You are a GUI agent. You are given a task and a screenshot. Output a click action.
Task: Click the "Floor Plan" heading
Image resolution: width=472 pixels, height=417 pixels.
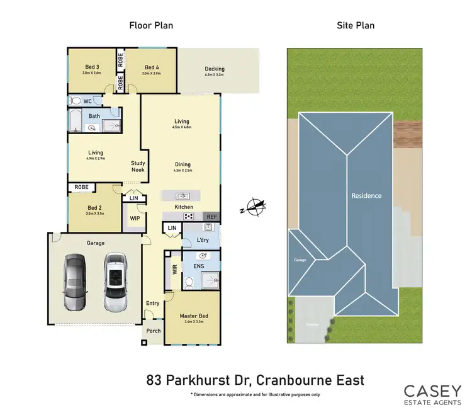tap(151, 26)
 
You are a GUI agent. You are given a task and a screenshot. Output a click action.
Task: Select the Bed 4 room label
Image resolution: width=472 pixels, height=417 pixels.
tap(151, 68)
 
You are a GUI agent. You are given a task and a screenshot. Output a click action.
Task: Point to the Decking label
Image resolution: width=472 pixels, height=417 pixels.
tap(215, 69)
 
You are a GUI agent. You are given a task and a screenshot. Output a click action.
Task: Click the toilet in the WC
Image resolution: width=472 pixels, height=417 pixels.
tap(76, 100)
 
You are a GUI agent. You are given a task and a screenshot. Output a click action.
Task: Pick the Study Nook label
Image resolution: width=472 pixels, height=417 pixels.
tap(138, 167)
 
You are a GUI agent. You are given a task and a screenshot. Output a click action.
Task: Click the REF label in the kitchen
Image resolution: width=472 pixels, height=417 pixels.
tap(211, 216)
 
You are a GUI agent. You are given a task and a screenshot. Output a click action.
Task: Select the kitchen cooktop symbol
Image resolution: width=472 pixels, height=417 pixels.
tap(188, 216)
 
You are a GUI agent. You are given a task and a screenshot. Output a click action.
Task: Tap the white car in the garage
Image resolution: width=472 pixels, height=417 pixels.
tap(115, 282)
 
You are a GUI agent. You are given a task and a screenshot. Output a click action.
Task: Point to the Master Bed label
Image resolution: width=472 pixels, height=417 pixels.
tap(193, 317)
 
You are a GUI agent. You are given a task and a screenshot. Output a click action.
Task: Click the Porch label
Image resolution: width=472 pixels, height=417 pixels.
tap(153, 331)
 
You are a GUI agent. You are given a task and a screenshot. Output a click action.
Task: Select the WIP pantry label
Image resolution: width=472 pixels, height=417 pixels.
tap(135, 218)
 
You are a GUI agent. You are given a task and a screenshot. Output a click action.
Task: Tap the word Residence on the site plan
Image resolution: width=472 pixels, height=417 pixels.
tap(366, 196)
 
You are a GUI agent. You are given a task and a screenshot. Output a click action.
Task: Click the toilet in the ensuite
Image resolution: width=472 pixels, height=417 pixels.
tap(189, 281)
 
